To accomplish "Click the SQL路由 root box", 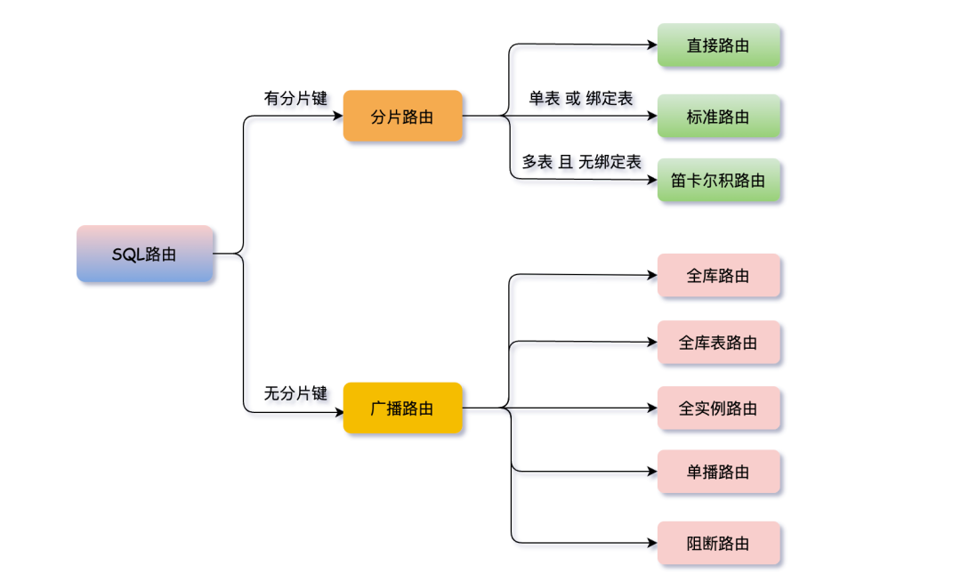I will click(145, 254).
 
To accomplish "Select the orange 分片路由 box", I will click(403, 116).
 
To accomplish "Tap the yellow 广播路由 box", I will click(403, 408).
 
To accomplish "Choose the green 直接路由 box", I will click(719, 45).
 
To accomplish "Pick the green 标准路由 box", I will click(719, 117).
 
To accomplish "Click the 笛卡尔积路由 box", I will click(719, 181).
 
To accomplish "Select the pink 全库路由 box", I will click(719, 276).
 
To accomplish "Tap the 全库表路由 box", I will click(719, 343).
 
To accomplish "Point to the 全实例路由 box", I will click(719, 408).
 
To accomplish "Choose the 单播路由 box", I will click(719, 472).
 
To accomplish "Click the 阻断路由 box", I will click(719, 543).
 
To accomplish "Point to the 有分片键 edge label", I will click(295, 98).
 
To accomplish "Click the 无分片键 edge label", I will click(295, 392).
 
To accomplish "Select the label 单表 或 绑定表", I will click(581, 98).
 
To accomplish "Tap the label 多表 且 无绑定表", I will click(581, 162).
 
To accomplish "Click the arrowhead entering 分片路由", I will click(338, 116).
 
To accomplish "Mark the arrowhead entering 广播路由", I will click(338, 413).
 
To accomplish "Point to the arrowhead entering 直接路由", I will click(652, 44).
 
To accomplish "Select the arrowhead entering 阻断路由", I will click(652, 543).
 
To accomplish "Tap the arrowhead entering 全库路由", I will click(652, 275).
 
